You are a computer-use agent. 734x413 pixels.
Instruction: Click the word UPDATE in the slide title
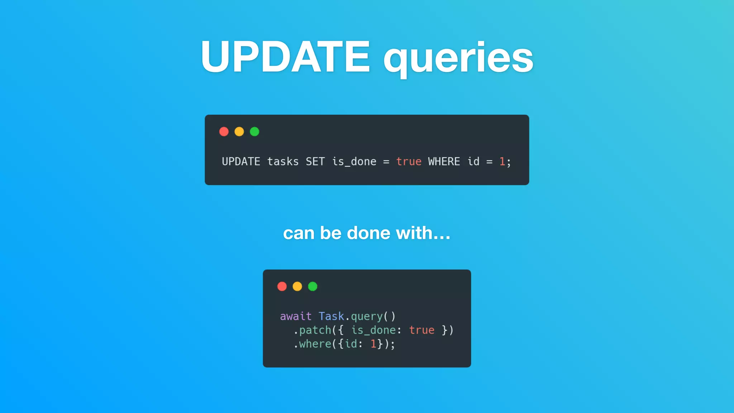click(285, 57)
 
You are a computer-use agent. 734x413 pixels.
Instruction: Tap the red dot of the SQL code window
click(224, 132)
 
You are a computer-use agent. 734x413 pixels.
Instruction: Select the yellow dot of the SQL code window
click(239, 132)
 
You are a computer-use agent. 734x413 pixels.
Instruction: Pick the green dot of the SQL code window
click(254, 132)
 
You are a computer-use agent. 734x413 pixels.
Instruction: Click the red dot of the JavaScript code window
click(282, 286)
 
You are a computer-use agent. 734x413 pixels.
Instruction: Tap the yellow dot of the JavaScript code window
click(297, 286)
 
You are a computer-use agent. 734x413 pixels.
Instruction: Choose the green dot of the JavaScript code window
click(313, 286)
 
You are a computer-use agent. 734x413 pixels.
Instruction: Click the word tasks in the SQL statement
click(283, 162)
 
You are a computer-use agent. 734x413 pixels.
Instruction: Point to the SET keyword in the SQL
click(315, 162)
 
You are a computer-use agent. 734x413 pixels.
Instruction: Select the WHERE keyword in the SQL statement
click(444, 162)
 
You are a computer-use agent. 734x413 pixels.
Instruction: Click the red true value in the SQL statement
click(409, 162)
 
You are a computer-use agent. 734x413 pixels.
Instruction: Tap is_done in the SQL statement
click(354, 162)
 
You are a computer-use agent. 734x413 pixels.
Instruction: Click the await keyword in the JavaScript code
click(296, 316)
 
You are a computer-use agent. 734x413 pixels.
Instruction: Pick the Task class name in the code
click(331, 316)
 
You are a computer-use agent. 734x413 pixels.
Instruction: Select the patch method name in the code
click(315, 330)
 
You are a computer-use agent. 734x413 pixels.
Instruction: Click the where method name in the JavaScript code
click(315, 344)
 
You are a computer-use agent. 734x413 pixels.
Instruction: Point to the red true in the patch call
click(421, 330)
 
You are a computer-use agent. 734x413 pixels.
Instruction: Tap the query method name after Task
click(367, 317)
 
